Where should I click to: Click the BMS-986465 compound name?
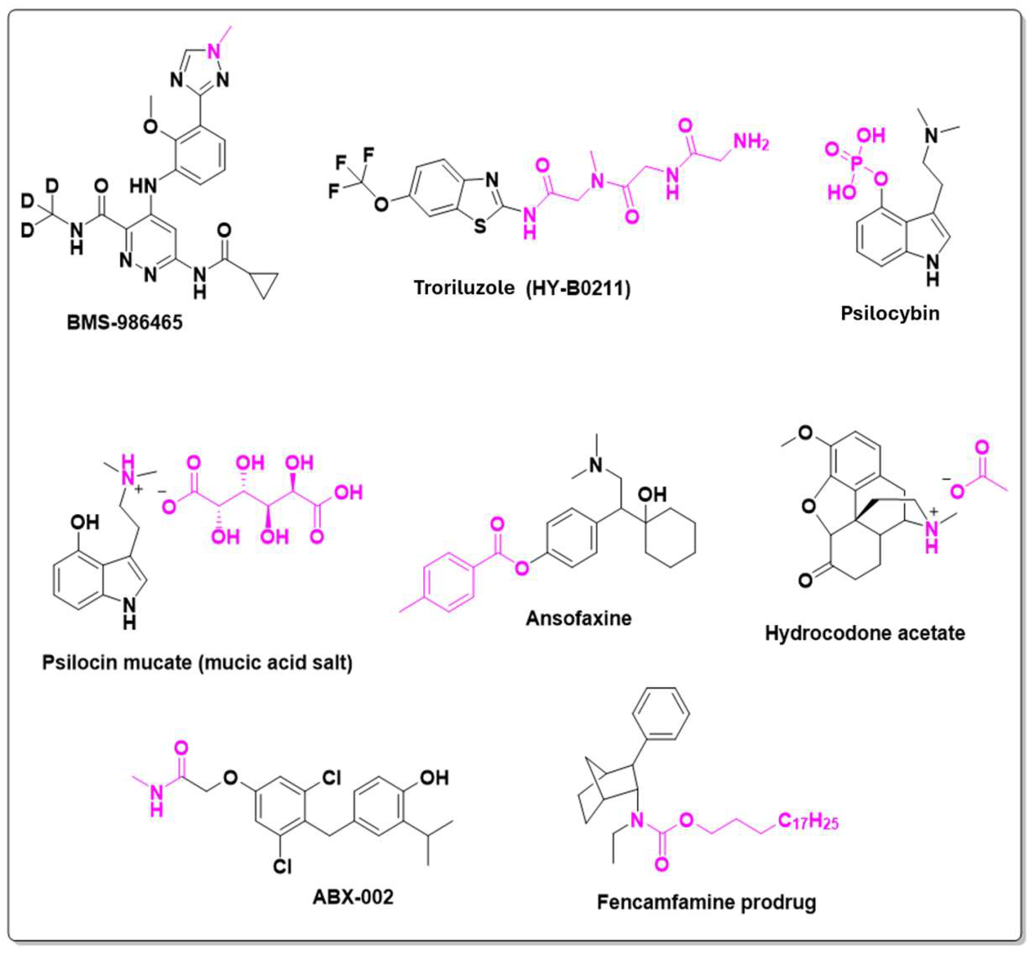coord(125,322)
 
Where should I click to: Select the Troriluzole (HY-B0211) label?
coord(522,288)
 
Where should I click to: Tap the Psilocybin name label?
coord(890,313)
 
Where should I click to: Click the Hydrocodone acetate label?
coord(865,633)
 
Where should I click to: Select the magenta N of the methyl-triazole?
coord(215,50)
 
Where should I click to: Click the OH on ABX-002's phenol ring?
coord(434,777)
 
